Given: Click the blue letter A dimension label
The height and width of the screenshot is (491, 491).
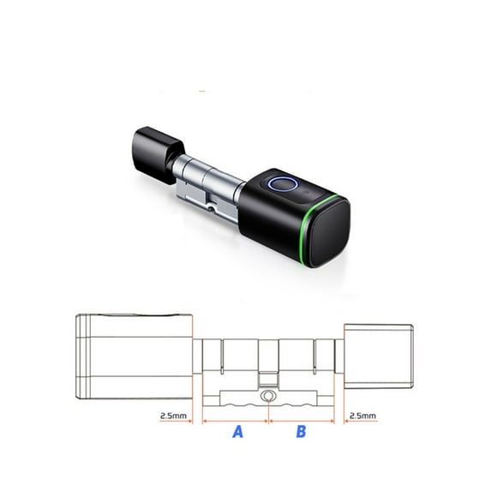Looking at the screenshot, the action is pyautogui.click(x=238, y=432).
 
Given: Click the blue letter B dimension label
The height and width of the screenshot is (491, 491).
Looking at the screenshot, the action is pyautogui.click(x=301, y=432).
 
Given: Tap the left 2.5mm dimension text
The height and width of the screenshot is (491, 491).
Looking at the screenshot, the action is pyautogui.click(x=173, y=416).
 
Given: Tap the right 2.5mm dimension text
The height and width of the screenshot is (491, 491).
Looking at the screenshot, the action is pyautogui.click(x=362, y=416).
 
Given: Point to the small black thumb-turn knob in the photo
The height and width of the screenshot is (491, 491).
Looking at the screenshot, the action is pyautogui.click(x=156, y=154).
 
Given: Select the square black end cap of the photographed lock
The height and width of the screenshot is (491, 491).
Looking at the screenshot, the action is pyautogui.click(x=329, y=233).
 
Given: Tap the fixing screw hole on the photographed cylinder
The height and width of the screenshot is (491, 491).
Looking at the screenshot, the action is pyautogui.click(x=213, y=209).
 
